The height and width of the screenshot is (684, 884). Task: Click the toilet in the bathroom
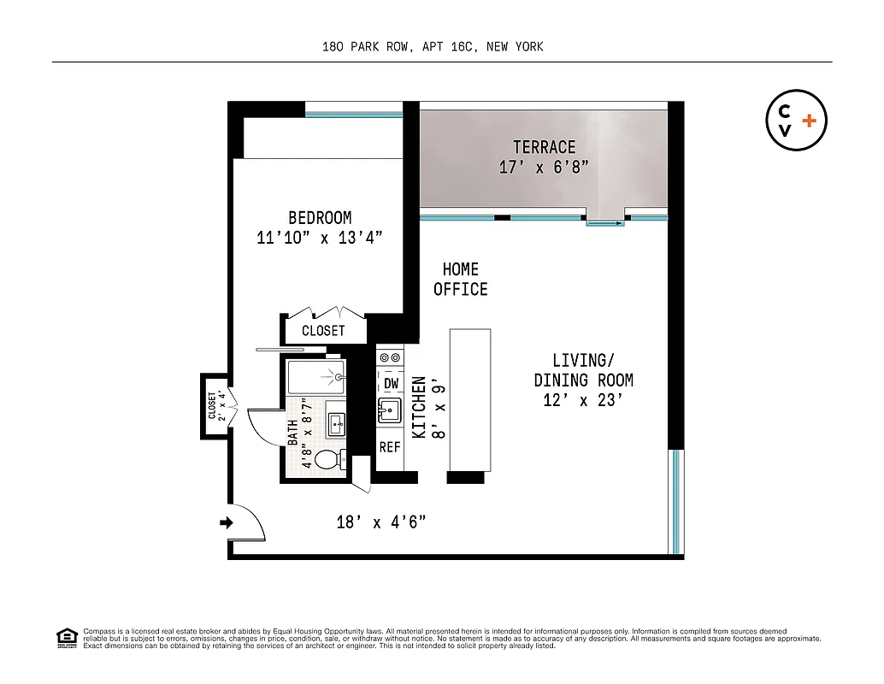click(x=327, y=460)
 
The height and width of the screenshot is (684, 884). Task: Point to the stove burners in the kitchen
click(x=390, y=357)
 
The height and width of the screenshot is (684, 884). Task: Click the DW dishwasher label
click(x=391, y=384)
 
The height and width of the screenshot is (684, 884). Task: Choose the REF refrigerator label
click(x=390, y=446)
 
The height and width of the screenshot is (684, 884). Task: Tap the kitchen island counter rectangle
click(x=469, y=399)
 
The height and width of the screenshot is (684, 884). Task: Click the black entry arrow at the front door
click(x=226, y=522)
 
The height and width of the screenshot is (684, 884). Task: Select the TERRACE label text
click(x=544, y=147)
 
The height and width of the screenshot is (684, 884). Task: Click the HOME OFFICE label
click(x=460, y=280)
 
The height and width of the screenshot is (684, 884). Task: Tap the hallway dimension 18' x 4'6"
click(x=380, y=522)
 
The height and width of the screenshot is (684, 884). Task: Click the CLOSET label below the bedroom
click(x=323, y=330)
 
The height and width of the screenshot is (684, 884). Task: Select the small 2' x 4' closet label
click(x=215, y=407)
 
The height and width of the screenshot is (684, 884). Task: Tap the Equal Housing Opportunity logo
click(x=66, y=638)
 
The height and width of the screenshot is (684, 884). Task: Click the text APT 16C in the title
click(x=448, y=47)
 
